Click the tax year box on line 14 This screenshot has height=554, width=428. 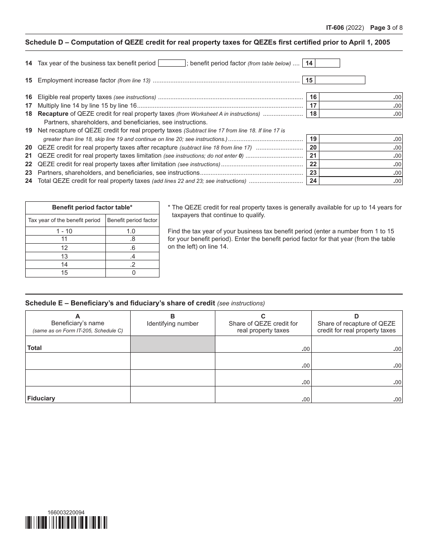point(172,64)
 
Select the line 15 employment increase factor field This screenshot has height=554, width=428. point(340,80)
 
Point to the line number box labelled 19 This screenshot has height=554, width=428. point(313,139)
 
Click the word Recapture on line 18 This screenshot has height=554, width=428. point(53,114)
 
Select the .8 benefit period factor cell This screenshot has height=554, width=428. point(132,239)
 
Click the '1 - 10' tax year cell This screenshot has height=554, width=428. point(64,231)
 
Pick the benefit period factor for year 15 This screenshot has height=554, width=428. point(132,273)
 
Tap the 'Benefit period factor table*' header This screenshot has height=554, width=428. point(92,208)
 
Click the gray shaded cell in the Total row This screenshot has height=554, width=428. point(173,344)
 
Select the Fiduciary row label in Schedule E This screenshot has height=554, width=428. point(41,398)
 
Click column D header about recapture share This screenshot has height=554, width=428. point(356,323)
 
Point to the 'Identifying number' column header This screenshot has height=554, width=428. point(173,323)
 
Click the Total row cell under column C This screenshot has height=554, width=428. point(263,345)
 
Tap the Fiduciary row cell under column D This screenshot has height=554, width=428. point(357,395)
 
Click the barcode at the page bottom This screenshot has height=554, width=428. point(66,522)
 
